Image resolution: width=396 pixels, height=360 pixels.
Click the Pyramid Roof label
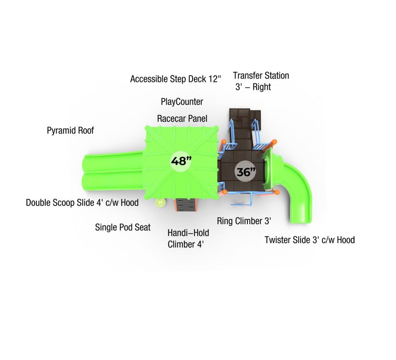pos(70,130)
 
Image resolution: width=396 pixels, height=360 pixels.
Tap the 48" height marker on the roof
pos(181,161)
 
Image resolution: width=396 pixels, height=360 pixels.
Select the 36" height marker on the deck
pos(246,171)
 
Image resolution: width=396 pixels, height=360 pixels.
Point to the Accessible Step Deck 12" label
pos(176,79)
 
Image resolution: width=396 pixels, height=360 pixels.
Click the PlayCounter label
pos(182,102)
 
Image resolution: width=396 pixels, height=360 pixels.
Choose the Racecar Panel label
pos(182,118)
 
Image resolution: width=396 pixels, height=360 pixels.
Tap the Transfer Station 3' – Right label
pos(261,81)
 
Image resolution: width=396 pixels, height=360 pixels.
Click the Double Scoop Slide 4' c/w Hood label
pos(82,202)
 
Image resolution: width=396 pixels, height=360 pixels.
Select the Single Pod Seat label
pos(123,227)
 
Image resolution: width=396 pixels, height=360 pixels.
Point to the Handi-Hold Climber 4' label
pos(188,238)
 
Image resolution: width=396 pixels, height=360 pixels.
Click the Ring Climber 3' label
pos(244,221)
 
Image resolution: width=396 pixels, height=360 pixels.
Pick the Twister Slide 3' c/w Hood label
pos(310,240)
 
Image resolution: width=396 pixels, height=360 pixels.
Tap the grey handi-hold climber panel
pos(186,205)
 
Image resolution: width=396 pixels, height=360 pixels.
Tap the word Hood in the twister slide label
pos(346,240)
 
